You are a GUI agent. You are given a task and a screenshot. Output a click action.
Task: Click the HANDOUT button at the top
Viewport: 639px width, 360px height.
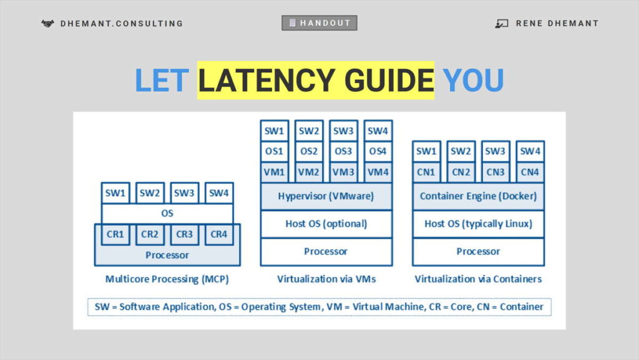(319, 23)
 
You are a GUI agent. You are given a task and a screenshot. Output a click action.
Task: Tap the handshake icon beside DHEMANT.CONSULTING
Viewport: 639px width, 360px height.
(47, 24)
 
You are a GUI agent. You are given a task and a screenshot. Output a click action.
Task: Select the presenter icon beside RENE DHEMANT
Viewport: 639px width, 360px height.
(502, 24)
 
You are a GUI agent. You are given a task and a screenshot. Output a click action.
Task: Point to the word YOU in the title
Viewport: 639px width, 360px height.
(473, 80)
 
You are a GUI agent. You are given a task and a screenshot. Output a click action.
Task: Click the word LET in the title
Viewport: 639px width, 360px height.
(162, 80)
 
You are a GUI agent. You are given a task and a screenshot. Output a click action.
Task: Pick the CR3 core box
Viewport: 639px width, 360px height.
(184, 235)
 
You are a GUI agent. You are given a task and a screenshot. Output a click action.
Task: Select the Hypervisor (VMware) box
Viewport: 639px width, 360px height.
(326, 196)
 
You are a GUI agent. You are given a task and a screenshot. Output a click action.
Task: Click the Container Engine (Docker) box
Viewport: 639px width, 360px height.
(478, 196)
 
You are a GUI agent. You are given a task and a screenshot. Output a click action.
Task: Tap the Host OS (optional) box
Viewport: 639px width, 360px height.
(326, 223)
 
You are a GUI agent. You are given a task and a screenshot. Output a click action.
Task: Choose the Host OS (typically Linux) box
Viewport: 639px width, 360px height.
(478, 223)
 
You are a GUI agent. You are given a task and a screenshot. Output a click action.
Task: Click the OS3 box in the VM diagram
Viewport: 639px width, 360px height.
(343, 152)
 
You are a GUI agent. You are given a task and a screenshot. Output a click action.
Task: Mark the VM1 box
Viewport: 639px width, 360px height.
(274, 172)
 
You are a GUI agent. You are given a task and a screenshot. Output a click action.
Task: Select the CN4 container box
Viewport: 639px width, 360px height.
(530, 172)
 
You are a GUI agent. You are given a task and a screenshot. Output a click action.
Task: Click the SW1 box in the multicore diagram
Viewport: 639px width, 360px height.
(115, 193)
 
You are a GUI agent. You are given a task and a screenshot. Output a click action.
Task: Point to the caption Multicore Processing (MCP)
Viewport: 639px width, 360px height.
(167, 280)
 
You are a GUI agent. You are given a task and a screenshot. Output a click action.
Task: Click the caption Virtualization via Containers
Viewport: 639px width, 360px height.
(478, 280)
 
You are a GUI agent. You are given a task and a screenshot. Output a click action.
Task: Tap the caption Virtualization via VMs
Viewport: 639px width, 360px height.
(326, 280)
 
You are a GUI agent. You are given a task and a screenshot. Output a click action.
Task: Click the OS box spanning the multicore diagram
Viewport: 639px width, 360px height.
(167, 213)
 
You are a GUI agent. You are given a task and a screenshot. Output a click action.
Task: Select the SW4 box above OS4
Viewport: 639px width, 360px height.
(378, 131)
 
